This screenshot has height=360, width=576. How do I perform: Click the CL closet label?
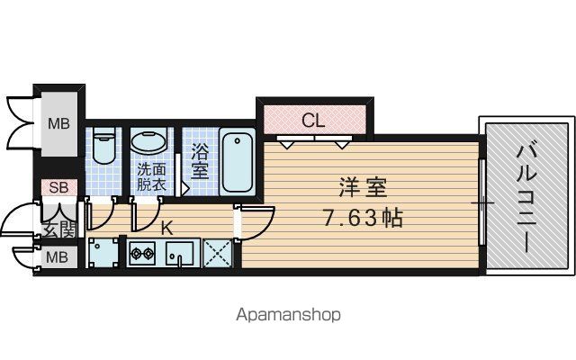tap(313, 120)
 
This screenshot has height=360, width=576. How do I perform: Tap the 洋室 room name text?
tap(363, 187)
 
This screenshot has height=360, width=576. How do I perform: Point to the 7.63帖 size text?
tap(363, 218)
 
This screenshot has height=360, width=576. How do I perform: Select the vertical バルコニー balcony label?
tap(526, 199)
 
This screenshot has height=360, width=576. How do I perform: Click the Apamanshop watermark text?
tap(288, 315)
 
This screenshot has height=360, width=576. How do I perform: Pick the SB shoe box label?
tap(58, 187)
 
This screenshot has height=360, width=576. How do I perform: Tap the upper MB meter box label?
tap(58, 124)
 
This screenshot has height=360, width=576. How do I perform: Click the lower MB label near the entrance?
tap(58, 257)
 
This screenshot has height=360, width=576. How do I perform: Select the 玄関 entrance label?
tap(59, 229)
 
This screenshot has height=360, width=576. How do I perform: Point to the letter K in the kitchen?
tap(167, 229)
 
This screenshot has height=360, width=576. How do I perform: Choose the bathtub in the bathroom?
tap(238, 162)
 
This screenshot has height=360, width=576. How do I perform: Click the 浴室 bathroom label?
tap(200, 161)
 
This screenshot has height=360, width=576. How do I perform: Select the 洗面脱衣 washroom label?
tap(152, 177)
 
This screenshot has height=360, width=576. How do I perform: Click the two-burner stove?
tap(142, 253)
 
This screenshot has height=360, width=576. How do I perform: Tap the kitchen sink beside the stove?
tap(179, 253)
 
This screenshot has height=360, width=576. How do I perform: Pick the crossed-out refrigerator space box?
tap(218, 253)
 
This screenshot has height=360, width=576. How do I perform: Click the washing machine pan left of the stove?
tap(103, 253)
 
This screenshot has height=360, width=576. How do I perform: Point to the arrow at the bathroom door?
tap(185, 189)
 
